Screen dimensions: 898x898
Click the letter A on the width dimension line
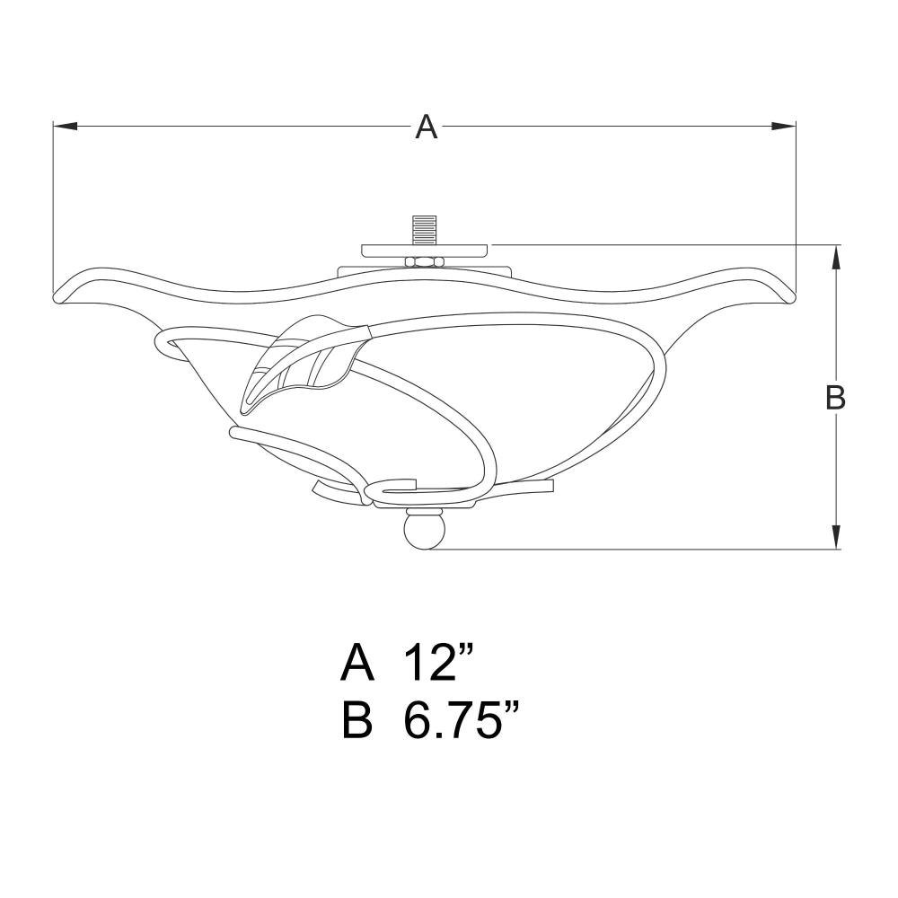pos(426,127)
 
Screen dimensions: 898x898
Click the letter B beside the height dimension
pos(835,396)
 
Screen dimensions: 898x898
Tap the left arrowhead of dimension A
pos(65,126)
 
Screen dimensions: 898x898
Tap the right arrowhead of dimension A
pos(783,126)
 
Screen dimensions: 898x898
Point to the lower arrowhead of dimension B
pos(836,537)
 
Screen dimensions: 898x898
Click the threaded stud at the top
pos(425,230)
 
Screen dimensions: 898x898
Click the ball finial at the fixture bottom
pos(425,530)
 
